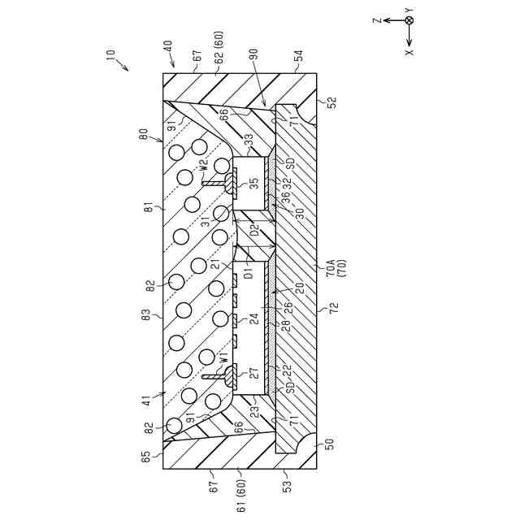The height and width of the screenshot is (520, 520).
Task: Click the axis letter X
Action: pos(409,50)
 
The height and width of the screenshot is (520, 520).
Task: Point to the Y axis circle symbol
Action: pos(409,20)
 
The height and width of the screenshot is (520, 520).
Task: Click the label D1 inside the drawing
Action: pos(249,271)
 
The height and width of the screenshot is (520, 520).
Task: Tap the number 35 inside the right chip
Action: pos(253,184)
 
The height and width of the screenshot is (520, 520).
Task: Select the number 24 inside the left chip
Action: pos(253,319)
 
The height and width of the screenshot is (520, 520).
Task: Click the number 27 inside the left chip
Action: pos(253,374)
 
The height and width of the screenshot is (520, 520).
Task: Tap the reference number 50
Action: pos(330,444)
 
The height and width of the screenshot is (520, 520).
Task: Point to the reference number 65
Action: pos(147,457)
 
